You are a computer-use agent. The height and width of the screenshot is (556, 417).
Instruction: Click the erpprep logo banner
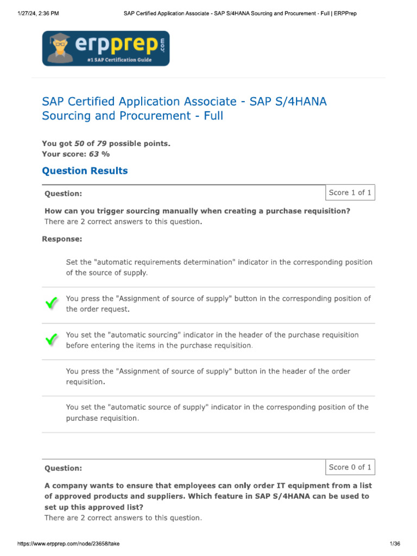point(106,48)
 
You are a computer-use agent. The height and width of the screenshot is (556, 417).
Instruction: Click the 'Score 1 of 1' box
point(350,193)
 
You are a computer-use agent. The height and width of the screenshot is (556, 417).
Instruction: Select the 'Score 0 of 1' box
point(350,467)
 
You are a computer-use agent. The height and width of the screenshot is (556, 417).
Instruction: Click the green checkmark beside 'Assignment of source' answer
point(51,304)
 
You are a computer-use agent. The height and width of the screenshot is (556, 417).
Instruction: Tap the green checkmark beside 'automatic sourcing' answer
point(51,340)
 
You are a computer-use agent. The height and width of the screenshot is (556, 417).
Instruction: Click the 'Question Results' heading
point(85,171)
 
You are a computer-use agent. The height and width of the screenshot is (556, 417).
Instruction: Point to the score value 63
point(94,154)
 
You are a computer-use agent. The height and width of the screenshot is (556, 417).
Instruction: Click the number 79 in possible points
point(102,143)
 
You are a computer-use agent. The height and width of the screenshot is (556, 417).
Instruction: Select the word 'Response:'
point(62,238)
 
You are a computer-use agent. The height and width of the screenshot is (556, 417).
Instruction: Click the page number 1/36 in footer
point(395,544)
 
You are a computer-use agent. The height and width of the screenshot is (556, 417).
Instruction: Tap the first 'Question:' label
point(63,194)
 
